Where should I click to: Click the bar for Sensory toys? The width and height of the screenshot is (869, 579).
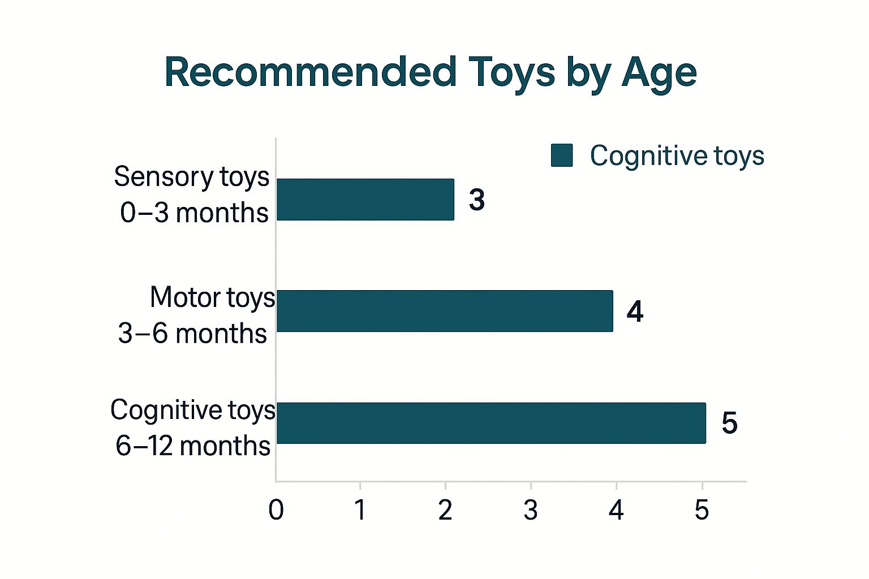pos(365,200)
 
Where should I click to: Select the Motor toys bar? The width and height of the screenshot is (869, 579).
pos(445,311)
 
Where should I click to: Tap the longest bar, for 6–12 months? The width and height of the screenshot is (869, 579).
pos(491,423)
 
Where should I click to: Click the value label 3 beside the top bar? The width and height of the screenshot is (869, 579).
pos(477,200)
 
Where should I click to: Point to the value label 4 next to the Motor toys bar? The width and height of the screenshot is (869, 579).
pos(635,312)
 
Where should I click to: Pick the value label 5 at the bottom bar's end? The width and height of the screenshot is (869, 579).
pos(729,423)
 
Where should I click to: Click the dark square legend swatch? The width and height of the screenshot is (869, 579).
pos(562,155)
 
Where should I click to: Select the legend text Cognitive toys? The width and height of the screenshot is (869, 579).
pos(677,156)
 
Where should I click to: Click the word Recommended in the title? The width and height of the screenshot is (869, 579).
pos(311,72)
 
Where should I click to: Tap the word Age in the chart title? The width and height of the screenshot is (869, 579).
pos(659,75)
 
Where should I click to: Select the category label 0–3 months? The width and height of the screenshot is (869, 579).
pos(194,213)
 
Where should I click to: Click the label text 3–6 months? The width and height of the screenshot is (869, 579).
pos(192,333)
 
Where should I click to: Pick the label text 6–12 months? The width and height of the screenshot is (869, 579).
pos(193,446)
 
